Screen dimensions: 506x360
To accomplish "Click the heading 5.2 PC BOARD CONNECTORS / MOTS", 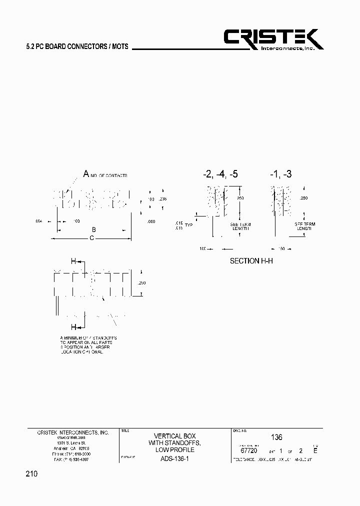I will pos(77,46).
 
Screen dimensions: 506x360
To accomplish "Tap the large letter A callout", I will pos(86,174).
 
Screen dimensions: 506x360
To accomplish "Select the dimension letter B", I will pos(92,230).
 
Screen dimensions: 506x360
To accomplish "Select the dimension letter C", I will pos(91,238).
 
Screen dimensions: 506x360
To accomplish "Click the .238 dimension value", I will pos(162,199).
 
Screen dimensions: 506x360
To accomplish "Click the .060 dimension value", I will pos(151,220).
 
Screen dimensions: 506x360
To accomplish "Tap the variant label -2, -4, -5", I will pos(220,174).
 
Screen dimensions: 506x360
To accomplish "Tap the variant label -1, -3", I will pos(280,174).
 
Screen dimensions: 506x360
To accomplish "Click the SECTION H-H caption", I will pos(251,261).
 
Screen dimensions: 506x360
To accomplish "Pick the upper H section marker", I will pos(73,261).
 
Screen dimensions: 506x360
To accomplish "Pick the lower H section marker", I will pos(73,327).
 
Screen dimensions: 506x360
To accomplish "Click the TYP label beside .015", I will pos(188,225).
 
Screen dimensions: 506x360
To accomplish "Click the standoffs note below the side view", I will pos(88,345).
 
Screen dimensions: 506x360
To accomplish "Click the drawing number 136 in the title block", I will pos(276,436).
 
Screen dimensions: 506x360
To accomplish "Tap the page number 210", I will pos(31,473).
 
